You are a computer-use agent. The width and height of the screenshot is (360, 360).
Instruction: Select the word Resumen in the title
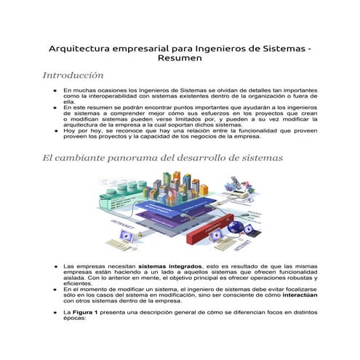tap(180, 59)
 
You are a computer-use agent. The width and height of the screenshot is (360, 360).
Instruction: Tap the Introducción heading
tap(73, 75)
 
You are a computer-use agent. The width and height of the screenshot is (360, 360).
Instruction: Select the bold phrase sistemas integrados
tap(170, 267)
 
